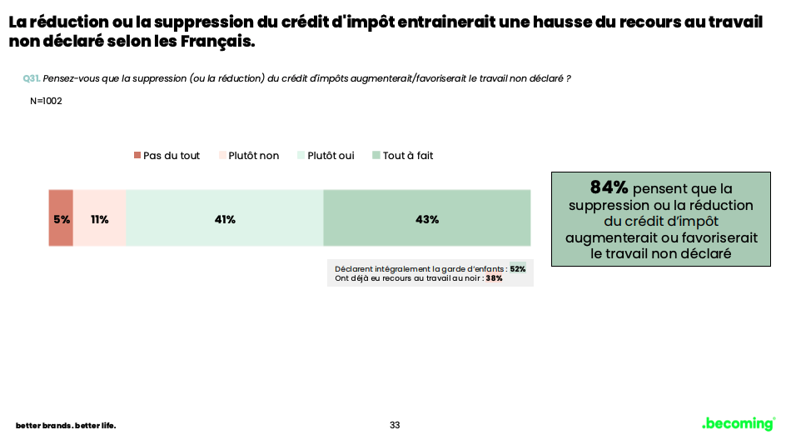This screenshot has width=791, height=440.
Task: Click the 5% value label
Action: tap(62, 220)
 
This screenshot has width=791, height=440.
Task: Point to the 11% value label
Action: tap(100, 220)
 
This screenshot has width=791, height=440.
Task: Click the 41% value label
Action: tap(225, 220)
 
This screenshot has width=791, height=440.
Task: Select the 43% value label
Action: tap(426, 220)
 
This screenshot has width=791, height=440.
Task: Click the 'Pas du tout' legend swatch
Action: tap(137, 156)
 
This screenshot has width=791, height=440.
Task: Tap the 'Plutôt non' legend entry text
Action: tap(254, 156)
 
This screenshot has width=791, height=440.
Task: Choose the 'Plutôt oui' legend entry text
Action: tap(331, 156)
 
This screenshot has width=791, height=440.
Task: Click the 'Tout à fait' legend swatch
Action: tap(376, 156)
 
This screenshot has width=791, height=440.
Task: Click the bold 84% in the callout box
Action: tap(609, 187)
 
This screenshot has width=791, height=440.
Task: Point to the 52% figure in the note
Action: tap(517, 269)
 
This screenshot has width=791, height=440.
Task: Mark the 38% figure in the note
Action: tap(494, 278)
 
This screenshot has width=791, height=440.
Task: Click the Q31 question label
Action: tap(31, 78)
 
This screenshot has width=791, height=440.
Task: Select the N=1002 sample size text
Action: tap(46, 102)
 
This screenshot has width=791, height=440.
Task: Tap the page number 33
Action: tap(395, 425)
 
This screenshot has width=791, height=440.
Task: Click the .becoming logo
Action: tap(738, 423)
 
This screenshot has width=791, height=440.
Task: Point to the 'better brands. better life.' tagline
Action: tap(66, 426)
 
